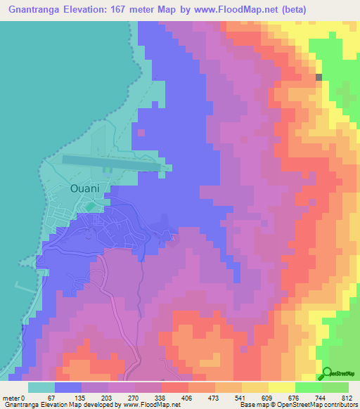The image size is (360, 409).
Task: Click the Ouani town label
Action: (89, 188)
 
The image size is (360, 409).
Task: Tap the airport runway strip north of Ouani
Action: (112, 163)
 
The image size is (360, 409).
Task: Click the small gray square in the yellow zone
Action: (319, 77)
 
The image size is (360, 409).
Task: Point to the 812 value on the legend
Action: (346, 397)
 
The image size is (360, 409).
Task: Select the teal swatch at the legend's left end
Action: (41, 387)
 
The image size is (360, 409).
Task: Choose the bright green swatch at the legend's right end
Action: (335, 387)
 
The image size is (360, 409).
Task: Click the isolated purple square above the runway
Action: (141, 131)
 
